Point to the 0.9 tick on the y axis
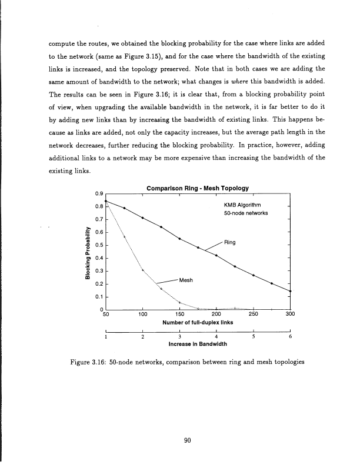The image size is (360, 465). pyautogui.click(x=99, y=193)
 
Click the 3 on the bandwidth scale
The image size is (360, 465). pyautogui.click(x=179, y=337)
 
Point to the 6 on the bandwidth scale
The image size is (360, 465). pyautogui.click(x=291, y=337)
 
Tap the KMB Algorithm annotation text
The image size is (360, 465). pyautogui.click(x=245, y=204)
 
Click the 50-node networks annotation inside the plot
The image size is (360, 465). pyautogui.click(x=246, y=213)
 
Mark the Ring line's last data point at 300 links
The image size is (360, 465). pyautogui.click(x=291, y=291)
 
